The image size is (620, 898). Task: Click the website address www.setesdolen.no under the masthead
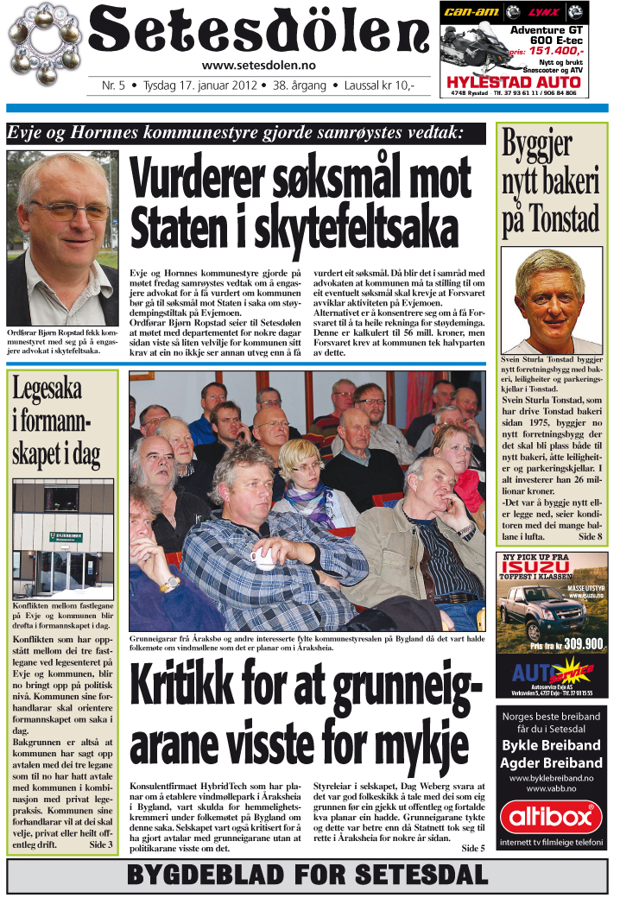click(x=258, y=66)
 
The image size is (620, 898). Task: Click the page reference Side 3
click(x=101, y=844)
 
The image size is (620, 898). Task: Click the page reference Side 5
click(x=473, y=849)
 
